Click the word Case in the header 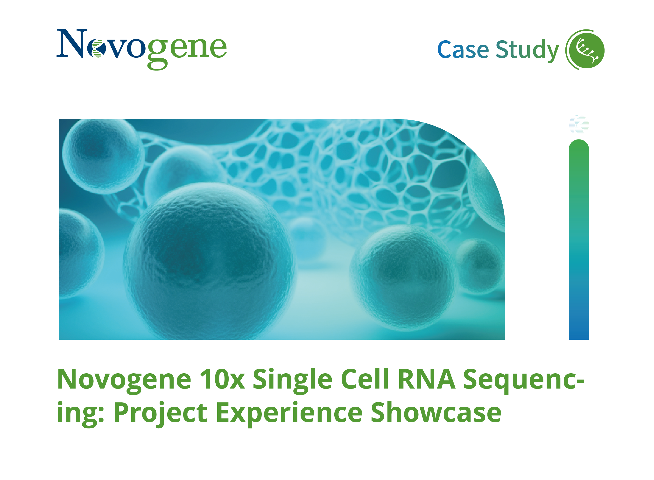463,50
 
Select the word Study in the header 527,50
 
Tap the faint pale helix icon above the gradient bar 578,125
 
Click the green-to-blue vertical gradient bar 578,241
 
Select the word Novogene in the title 124,380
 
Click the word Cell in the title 365,380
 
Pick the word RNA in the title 426,380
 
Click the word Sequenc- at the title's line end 523,380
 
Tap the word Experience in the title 289,413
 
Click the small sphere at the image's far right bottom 480,266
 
